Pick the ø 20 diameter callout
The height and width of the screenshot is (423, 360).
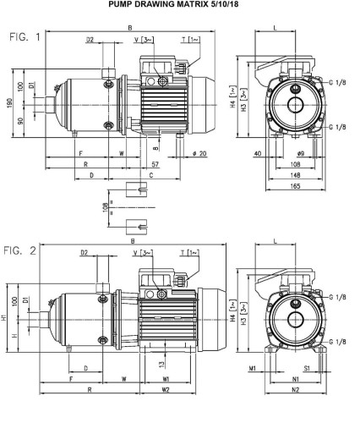[199, 152]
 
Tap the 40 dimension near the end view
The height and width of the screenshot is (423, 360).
[258, 152]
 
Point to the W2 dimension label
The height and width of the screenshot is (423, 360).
[166, 391]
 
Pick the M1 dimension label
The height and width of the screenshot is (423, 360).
[253, 369]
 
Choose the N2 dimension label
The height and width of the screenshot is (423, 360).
[293, 391]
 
